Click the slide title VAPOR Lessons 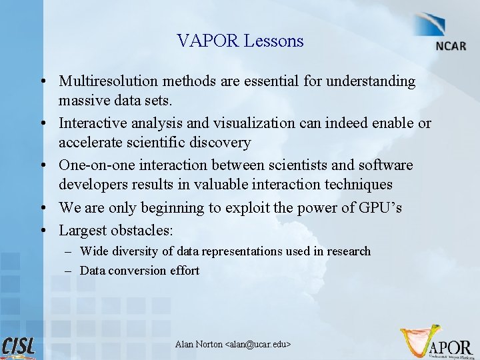(240, 41)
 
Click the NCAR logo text (451, 47)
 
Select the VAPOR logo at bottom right (437, 343)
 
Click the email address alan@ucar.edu (257, 344)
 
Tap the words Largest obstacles (115, 231)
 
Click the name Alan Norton (199, 344)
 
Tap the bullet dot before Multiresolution (42, 82)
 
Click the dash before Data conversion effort (69, 271)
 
